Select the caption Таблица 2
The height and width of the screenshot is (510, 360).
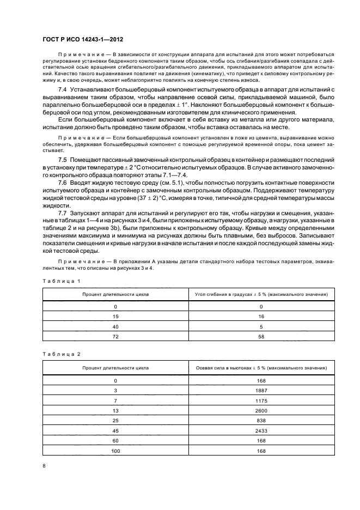[x=62, y=354]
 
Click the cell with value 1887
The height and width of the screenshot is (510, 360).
[x=261, y=391]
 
